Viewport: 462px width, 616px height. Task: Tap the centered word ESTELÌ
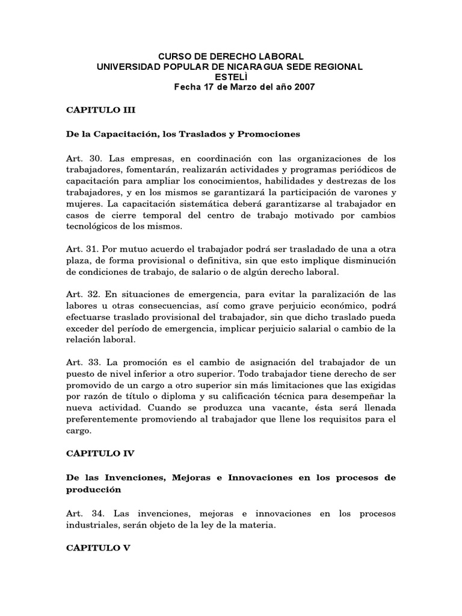pos(230,77)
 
